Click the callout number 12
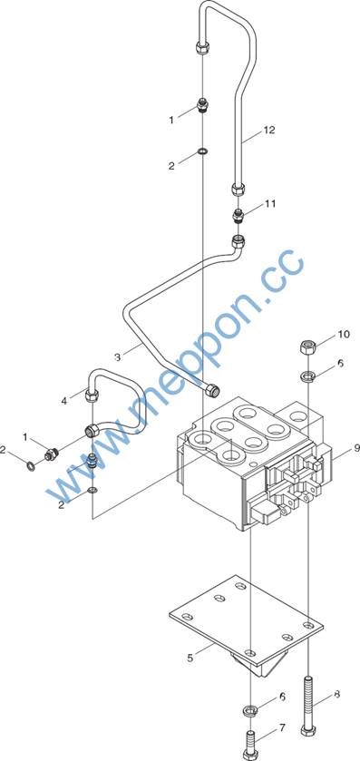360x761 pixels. pyautogui.click(x=269, y=130)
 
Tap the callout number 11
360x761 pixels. pyautogui.click(x=270, y=203)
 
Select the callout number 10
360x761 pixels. pyautogui.click(x=344, y=334)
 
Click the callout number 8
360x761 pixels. pyautogui.click(x=336, y=695)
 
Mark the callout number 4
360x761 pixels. pyautogui.click(x=64, y=401)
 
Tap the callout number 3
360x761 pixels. pyautogui.click(x=117, y=357)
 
